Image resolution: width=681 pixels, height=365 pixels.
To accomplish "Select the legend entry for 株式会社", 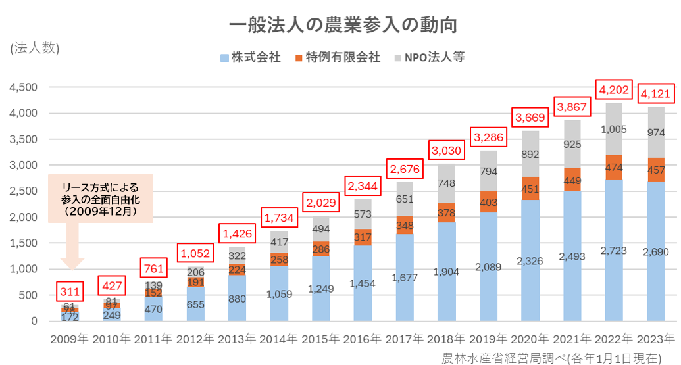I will click(x=251, y=57).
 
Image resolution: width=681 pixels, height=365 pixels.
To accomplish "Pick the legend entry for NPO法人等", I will click(x=429, y=57).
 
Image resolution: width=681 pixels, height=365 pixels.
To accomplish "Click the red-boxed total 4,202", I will click(x=613, y=90).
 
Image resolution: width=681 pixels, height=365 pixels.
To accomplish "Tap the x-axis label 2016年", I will click(x=361, y=339).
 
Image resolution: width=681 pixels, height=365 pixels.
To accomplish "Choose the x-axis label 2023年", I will click(x=655, y=339).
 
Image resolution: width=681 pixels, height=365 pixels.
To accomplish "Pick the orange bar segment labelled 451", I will click(x=530, y=189).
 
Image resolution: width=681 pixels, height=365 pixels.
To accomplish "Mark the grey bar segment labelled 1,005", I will click(x=613, y=129).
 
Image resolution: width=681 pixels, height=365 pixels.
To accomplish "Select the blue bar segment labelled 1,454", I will click(x=361, y=283).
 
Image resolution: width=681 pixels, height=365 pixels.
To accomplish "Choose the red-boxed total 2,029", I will click(x=320, y=202).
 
